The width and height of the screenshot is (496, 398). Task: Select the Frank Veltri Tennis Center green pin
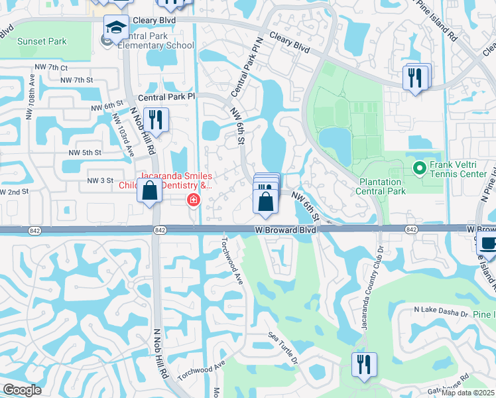(418, 168)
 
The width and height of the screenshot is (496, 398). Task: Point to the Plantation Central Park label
(389, 186)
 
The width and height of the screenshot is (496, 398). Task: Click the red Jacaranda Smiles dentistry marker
(194, 200)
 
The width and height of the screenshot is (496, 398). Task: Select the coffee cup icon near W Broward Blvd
(488, 242)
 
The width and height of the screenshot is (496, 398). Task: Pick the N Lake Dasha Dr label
(441, 310)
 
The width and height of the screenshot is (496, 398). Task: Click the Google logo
(23, 389)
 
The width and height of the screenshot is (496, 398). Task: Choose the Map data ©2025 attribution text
(467, 393)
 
